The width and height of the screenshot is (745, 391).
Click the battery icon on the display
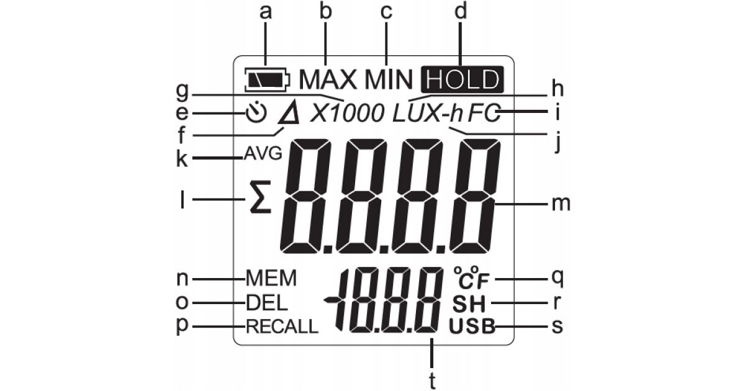click(266, 79)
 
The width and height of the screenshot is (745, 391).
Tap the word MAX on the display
click(328, 79)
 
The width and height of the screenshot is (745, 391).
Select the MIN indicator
click(387, 79)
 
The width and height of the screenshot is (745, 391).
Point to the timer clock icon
click(255, 113)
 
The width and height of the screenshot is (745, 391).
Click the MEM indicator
click(271, 278)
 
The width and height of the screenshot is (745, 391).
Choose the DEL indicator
click(266, 302)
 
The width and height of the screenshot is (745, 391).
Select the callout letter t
click(432, 377)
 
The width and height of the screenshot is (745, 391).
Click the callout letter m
click(561, 204)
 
